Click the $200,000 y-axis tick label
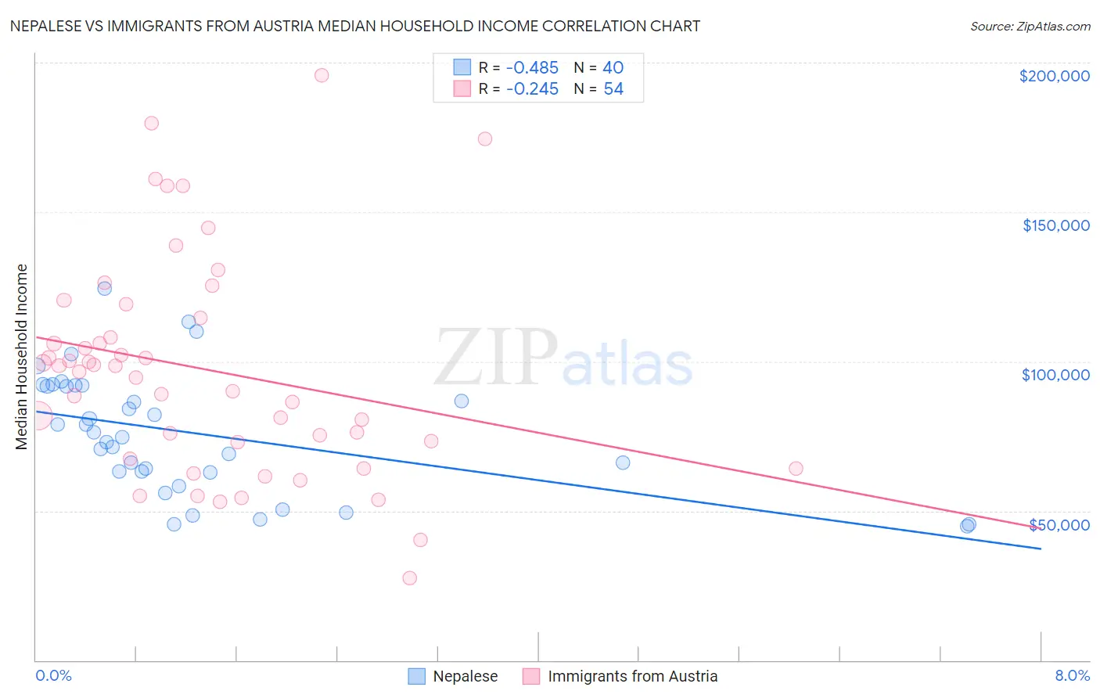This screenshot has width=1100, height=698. (1054, 76)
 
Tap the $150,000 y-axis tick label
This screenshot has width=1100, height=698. (1055, 225)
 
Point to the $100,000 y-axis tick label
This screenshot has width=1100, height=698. (1055, 375)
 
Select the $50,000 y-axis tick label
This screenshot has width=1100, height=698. (1059, 524)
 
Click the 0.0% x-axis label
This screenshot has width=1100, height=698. (53, 675)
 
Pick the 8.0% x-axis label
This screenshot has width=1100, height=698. (1072, 675)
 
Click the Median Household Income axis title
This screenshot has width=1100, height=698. (22, 357)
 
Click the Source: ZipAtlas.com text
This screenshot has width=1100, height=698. (1030, 26)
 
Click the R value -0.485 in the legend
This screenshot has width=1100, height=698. (532, 68)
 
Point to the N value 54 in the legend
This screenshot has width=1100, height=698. (613, 89)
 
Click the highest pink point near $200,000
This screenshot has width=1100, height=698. (322, 75)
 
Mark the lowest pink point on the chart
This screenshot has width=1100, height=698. (410, 578)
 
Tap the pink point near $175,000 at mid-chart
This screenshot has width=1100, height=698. (485, 139)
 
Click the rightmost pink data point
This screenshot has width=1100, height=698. (796, 469)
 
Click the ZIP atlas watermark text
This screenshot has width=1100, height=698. (563, 358)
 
